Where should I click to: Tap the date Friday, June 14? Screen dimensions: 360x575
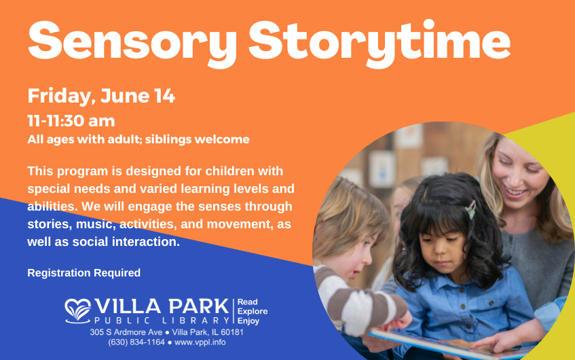(101, 96)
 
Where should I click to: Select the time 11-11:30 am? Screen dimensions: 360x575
(71, 121)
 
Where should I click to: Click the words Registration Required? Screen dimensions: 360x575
(84, 273)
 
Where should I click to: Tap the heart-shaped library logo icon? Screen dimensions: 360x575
(78, 310)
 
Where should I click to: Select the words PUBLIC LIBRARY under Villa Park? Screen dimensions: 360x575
(162, 320)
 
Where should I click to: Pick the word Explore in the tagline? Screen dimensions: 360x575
(253, 311)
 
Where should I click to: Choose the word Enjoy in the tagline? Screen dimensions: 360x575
(248, 320)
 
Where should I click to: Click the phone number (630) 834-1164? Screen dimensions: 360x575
(136, 342)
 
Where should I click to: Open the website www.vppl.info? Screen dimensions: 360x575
(200, 342)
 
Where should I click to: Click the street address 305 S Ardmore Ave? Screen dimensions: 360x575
(126, 332)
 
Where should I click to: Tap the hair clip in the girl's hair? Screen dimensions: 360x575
(470, 209)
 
